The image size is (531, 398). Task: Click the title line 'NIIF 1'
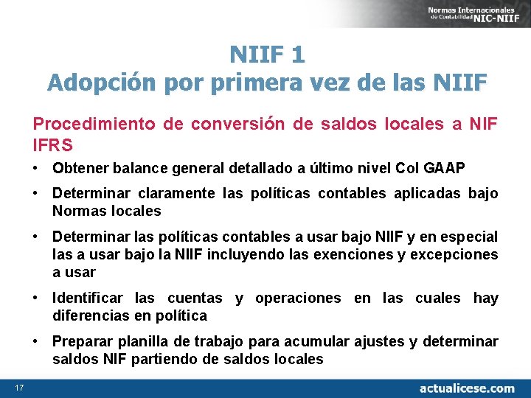click(x=266, y=54)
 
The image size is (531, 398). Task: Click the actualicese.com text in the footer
click(x=466, y=388)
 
